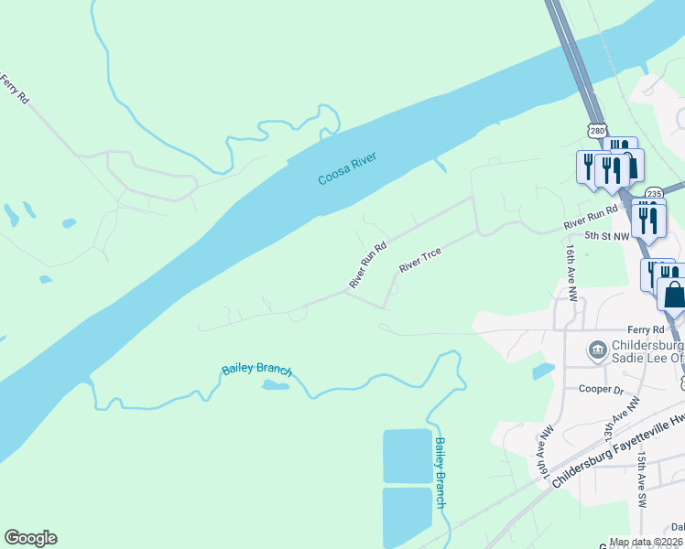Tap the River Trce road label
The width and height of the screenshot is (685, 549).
click(x=420, y=260)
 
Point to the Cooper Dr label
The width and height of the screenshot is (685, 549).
click(x=601, y=388)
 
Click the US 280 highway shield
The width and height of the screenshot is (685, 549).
click(x=597, y=132)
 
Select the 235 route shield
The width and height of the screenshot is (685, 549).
click(x=654, y=194)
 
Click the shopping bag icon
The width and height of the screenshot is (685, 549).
click(x=674, y=295)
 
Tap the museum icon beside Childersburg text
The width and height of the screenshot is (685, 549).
click(x=597, y=349)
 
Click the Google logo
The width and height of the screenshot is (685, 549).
click(x=30, y=538)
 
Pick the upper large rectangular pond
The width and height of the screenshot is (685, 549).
click(x=408, y=456)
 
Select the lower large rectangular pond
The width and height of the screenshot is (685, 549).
click(x=407, y=516)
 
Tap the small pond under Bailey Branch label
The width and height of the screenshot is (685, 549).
click(x=275, y=385)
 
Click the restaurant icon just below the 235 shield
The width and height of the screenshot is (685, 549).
click(x=648, y=220)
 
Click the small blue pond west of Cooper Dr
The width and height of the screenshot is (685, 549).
click(x=542, y=371)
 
